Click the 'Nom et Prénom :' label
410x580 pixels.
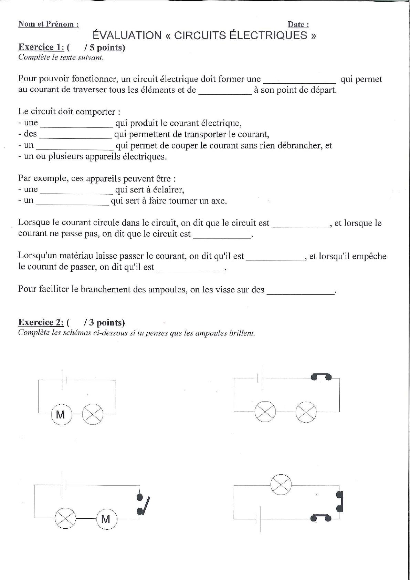[x=48, y=24]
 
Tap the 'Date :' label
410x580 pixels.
[x=298, y=24]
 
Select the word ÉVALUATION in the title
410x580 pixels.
[x=127, y=35]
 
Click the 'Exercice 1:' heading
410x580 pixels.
[x=41, y=47]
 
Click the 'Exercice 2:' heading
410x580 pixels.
[x=41, y=322]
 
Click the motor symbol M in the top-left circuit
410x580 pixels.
[x=61, y=414]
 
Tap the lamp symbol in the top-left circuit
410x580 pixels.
[x=93, y=414]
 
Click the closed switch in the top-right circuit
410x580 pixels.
[x=321, y=376]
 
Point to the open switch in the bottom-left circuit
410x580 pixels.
[x=143, y=504]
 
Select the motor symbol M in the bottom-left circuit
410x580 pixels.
[x=106, y=518]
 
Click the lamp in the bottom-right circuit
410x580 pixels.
[x=281, y=485]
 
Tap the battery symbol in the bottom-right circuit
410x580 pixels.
[x=259, y=518]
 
